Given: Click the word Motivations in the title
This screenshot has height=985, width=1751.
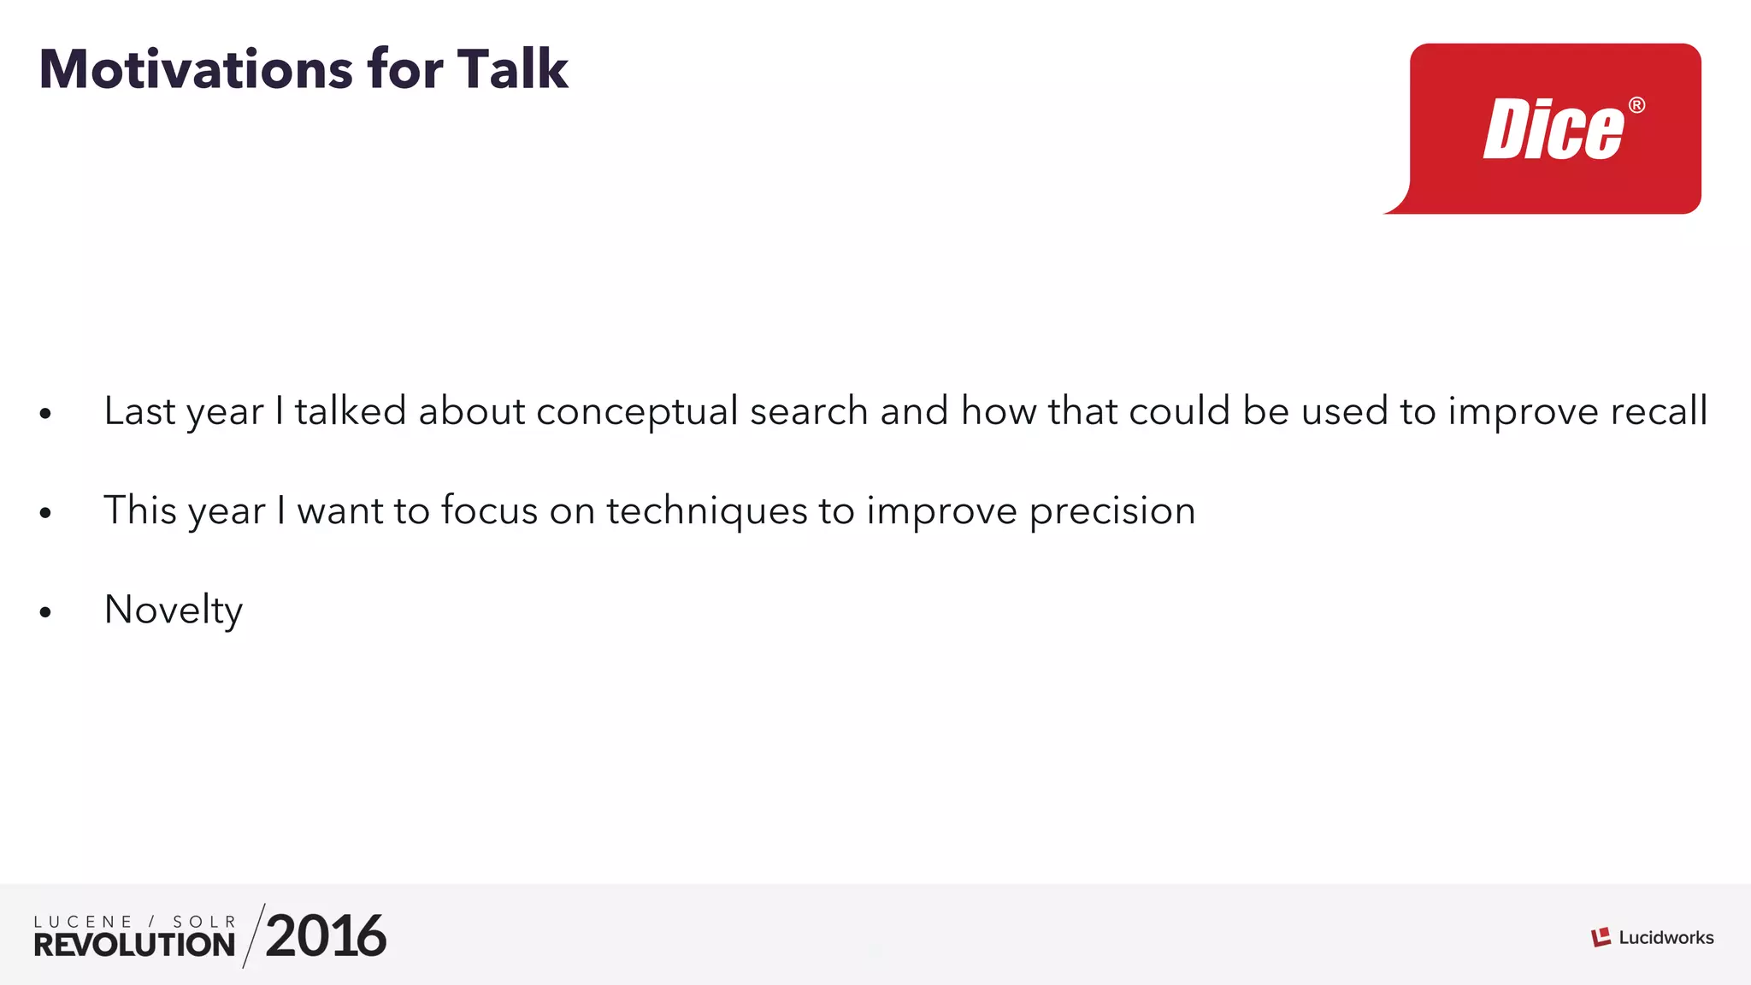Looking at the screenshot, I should (196, 69).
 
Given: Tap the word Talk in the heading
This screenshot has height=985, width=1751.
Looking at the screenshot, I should (512, 69).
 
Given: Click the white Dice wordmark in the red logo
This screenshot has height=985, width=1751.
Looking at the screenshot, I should (1553, 130).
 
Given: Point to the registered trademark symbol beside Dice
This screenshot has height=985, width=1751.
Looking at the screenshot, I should (1636, 105).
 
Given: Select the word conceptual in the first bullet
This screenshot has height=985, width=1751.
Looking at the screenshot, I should (637, 411).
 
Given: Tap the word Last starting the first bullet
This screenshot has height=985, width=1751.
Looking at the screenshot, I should (139, 411).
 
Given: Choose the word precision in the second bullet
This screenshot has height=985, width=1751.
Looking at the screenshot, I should (1111, 511).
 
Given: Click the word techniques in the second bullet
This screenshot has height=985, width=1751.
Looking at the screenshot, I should (706, 511).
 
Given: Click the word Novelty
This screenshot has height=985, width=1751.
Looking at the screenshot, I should (174, 610).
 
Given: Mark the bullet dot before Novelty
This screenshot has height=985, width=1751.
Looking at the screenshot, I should (45, 611).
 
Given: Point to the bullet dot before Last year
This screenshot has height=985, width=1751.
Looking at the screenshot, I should (45, 414).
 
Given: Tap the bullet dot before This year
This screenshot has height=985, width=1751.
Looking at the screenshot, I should (45, 513).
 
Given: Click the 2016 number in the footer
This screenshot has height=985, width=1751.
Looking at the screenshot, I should (326, 936).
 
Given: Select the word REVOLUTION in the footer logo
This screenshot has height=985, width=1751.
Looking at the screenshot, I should (134, 945).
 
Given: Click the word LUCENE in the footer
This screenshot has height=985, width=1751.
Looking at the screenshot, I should (83, 922).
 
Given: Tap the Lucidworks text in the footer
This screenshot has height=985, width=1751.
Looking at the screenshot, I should (1666, 938).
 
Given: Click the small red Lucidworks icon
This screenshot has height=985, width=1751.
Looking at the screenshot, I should (1601, 937).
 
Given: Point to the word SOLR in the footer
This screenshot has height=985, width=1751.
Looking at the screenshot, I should (204, 922).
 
